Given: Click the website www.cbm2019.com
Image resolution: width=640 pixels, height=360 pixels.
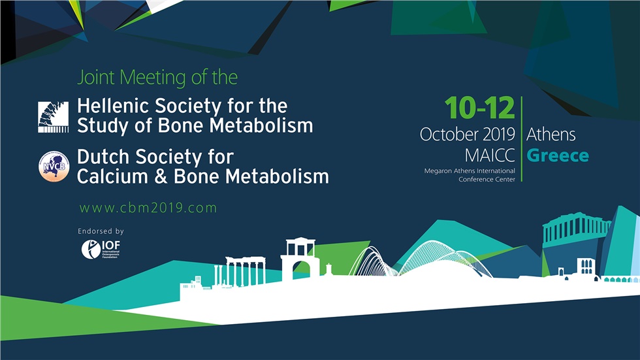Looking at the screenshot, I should pyautogui.click(x=148, y=208).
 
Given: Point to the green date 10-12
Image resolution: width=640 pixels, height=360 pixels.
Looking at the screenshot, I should pyautogui.click(x=479, y=108).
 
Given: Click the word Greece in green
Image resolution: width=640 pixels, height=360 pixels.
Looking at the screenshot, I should pyautogui.click(x=558, y=156).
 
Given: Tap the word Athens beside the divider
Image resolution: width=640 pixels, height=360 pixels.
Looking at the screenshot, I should pyautogui.click(x=551, y=135).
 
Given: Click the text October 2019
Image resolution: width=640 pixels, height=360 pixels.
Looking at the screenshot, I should pyautogui.click(x=468, y=135).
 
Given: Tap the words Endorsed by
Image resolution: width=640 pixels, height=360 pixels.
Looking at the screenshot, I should pyautogui.click(x=101, y=231).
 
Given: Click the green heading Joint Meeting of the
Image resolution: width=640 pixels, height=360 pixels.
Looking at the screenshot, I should pyautogui.click(x=157, y=78).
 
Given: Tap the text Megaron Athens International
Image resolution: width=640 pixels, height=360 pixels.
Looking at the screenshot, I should pyautogui.click(x=470, y=171).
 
